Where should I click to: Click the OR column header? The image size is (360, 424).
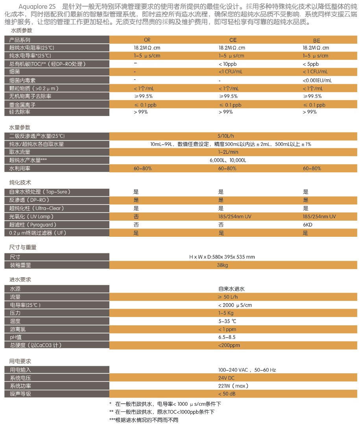147,40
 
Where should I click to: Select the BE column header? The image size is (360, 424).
317,40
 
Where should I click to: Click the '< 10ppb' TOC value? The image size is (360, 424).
228,64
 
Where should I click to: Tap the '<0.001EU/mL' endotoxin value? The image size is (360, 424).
318,80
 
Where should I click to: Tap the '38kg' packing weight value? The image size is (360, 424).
223,265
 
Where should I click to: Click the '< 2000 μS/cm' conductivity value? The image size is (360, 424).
235,305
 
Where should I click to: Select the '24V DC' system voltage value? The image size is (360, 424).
226,378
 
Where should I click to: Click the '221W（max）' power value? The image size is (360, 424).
233,386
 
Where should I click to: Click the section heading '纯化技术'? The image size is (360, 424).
20,183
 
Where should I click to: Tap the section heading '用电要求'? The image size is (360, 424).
20,361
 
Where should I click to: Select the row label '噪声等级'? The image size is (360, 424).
20,394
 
